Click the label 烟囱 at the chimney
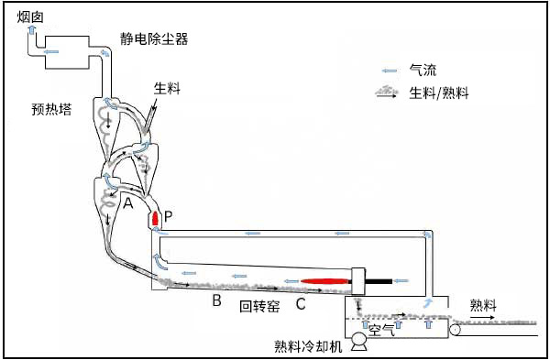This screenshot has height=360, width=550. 30,16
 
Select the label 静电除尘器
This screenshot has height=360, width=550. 154,38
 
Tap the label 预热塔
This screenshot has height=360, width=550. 51,109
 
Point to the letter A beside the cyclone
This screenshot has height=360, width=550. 128,202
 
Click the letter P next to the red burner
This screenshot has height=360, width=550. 169,217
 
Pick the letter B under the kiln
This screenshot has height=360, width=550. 216,300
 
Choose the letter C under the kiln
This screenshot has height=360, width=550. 301,303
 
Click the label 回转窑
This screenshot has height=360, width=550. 259,306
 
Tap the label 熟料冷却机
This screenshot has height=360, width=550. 308,346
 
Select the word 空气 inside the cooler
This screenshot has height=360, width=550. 381,330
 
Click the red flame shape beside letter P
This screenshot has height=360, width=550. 156,218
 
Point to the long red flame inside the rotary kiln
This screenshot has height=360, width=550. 325,281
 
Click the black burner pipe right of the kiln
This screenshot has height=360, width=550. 379,281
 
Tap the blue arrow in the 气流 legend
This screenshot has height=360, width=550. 389,71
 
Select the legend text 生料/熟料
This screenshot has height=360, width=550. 439,93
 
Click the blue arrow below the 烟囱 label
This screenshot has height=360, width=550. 31,29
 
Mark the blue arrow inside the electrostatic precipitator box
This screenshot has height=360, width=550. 51,52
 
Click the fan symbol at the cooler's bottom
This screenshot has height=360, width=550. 360,341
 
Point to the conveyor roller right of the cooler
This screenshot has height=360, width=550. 456,330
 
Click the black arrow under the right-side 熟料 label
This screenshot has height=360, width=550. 483,317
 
